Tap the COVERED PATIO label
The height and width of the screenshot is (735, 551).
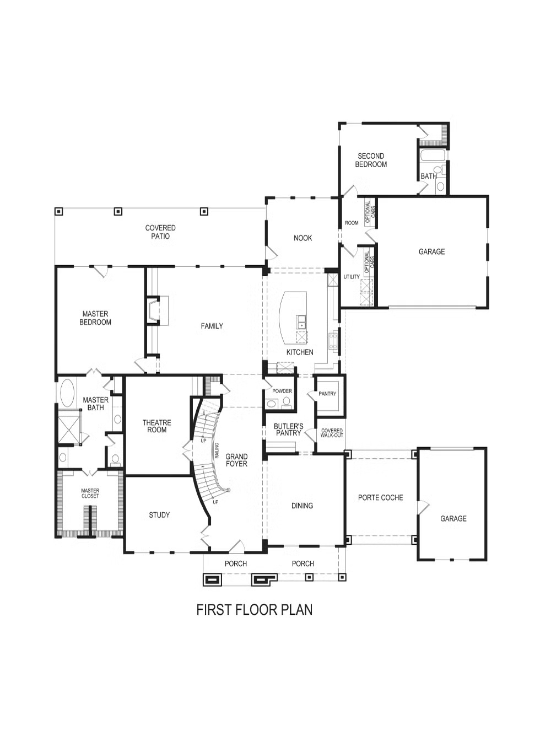coord(160,232)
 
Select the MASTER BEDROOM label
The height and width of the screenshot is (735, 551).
coord(95,318)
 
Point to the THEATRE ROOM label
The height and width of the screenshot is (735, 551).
coord(156,426)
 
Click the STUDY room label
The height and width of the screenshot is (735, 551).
coord(159,514)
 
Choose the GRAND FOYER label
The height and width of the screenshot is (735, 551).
coord(236,460)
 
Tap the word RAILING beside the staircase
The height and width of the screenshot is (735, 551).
coord(217,450)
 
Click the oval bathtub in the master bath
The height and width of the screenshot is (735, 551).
coord(67,393)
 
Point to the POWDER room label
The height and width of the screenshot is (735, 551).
coord(282,391)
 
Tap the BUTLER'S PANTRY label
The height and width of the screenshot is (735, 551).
coord(288,430)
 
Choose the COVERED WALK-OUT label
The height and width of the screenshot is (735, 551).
coord(332,433)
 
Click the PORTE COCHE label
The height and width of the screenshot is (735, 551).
coord(380,497)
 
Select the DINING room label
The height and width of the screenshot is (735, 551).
coord(302,506)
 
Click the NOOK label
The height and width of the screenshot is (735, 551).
coord(302,238)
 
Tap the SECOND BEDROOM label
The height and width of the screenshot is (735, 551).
coord(371,160)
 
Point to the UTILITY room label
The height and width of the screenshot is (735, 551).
coord(352,277)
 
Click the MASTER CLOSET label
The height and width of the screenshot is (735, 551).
coord(90,493)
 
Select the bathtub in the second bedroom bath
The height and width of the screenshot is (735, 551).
coord(433,155)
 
